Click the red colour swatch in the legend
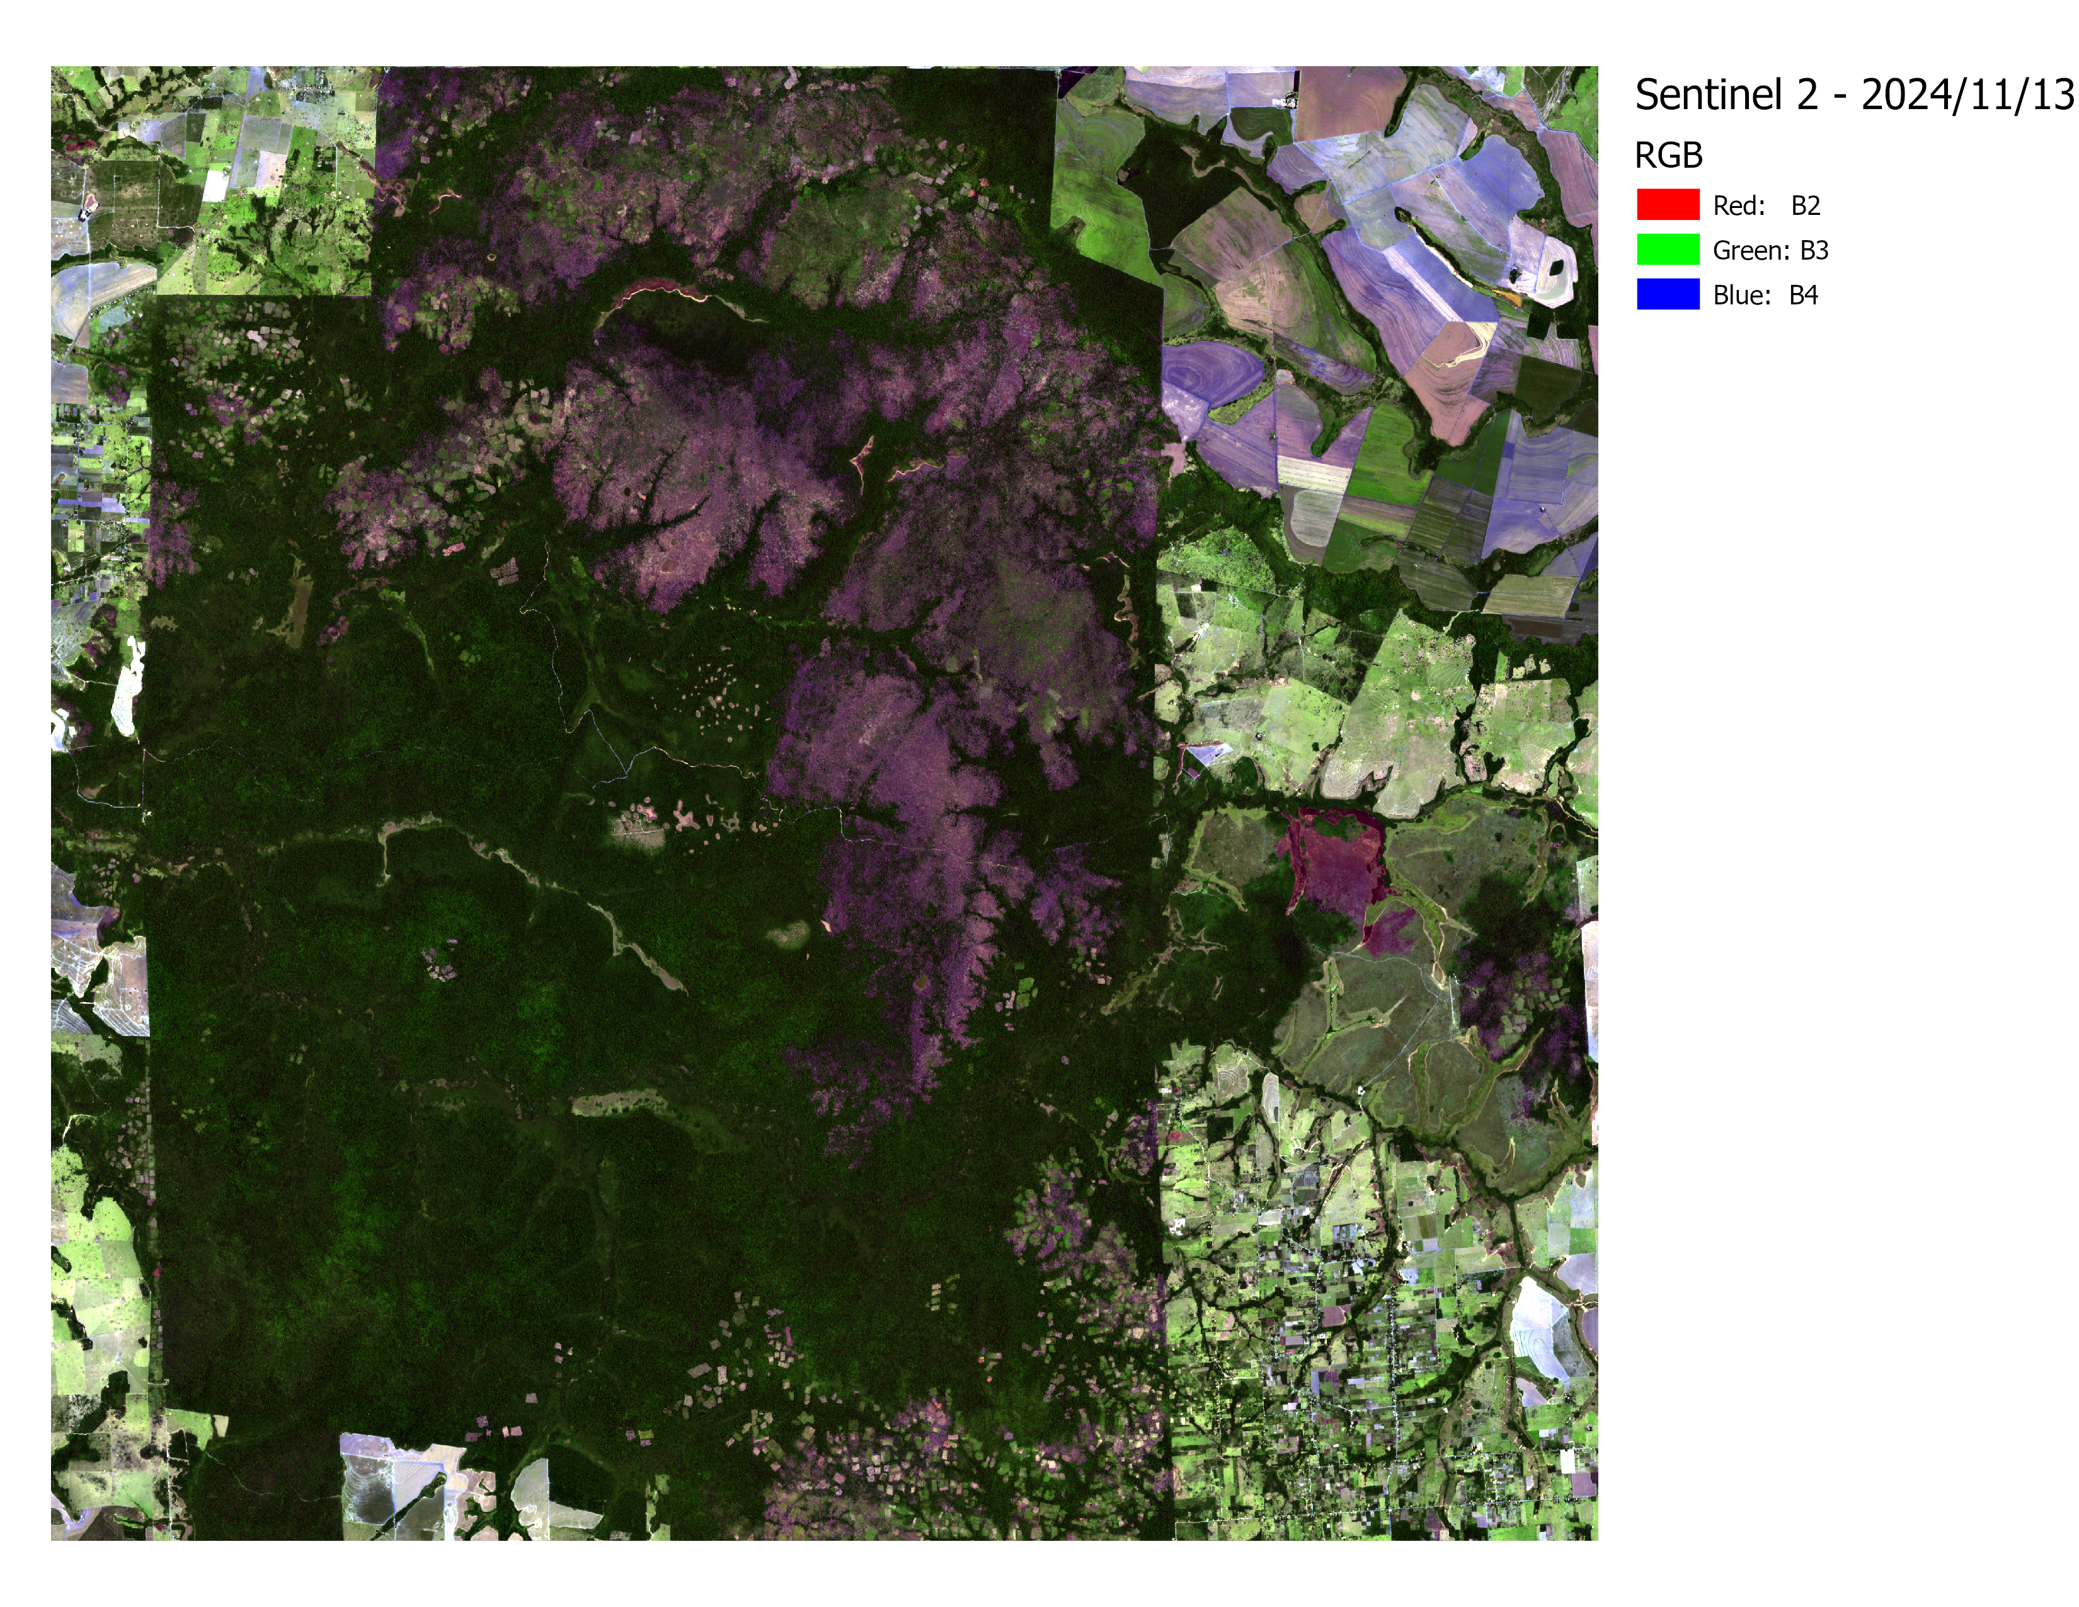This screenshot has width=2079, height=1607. click(x=1668, y=205)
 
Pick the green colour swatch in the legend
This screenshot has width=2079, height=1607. click(x=1668, y=250)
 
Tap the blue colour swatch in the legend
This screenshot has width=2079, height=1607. click(x=1668, y=294)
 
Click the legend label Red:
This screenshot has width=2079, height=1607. click(x=1738, y=205)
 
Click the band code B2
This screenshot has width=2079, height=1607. click(x=1805, y=205)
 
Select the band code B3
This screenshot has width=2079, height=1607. click(x=1813, y=250)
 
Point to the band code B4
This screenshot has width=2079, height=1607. click(x=1803, y=295)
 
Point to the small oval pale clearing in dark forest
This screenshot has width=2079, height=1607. click(x=789, y=934)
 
